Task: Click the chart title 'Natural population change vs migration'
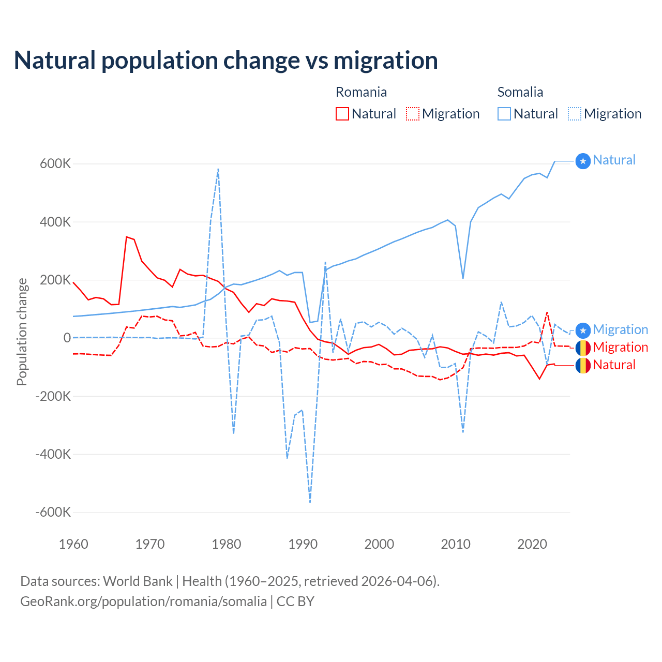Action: tap(226, 61)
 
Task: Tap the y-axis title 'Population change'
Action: tap(22, 332)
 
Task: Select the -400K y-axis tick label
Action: tap(52, 455)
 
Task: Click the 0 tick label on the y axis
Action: tap(67, 338)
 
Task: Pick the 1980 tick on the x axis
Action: tap(227, 544)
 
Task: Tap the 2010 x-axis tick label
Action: tap(456, 544)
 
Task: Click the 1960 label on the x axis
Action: tap(74, 544)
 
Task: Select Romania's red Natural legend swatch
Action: tap(342, 114)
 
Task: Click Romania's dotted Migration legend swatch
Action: tap(413, 114)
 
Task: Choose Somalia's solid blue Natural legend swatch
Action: tap(504, 114)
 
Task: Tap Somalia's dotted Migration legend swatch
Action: tap(575, 114)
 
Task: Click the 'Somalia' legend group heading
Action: tap(520, 92)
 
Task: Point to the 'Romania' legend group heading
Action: tap(362, 92)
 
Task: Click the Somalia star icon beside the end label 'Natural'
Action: tap(583, 161)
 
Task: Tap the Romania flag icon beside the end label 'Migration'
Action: tap(583, 348)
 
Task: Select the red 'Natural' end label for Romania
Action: tap(614, 365)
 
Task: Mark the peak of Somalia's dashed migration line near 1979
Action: tap(218, 169)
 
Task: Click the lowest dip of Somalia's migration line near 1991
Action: tap(310, 502)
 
